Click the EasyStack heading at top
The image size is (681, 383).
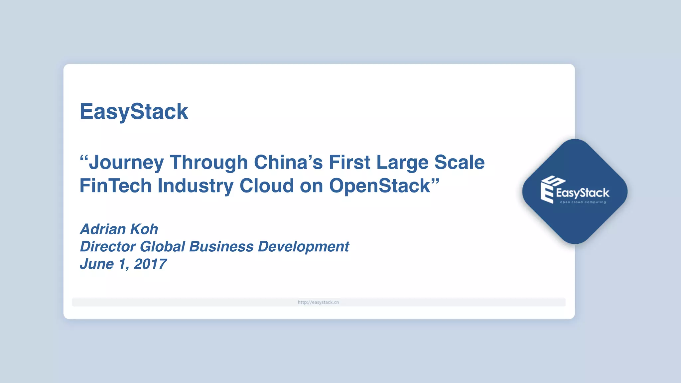tap(134, 111)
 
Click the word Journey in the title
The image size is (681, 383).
tap(126, 163)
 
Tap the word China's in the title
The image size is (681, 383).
tap(288, 163)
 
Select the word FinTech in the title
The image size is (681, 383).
tap(115, 186)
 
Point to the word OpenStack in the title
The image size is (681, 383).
tap(379, 186)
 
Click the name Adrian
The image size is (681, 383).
tap(103, 229)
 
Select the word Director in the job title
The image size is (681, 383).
tap(108, 247)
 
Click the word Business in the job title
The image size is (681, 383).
tap(221, 247)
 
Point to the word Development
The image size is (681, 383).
tap(303, 247)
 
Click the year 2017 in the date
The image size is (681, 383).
tap(150, 264)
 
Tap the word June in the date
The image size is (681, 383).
tap(97, 264)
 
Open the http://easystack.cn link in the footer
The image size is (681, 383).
tap(318, 302)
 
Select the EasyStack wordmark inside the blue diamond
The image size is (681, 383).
tap(582, 193)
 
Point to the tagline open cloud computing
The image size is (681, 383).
tap(583, 202)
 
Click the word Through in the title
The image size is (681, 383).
tap(209, 163)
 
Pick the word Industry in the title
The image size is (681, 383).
tap(196, 186)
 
